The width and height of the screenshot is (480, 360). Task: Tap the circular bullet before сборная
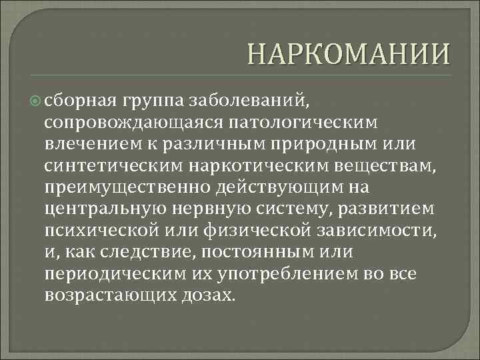(36, 101)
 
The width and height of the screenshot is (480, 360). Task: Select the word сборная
(80, 101)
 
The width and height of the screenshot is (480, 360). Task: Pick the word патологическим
(299, 122)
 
